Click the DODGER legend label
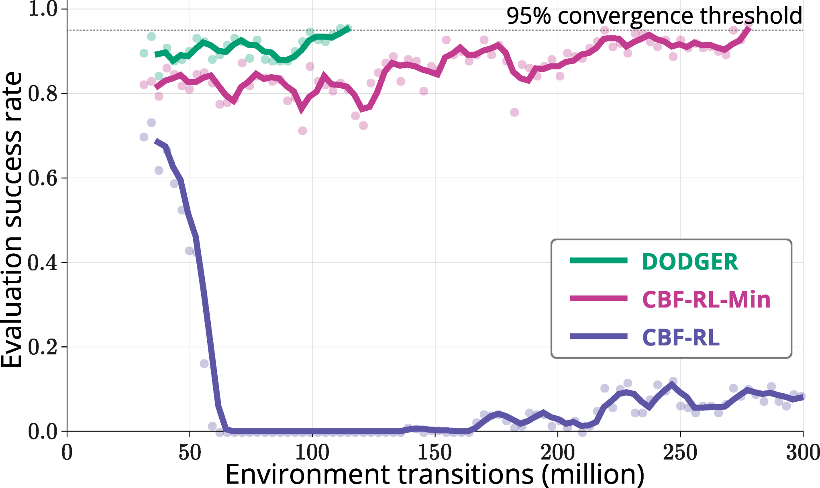click(690, 261)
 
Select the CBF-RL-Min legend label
click(706, 299)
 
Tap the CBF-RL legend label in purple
click(681, 337)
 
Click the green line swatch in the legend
click(598, 261)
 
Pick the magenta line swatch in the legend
click(598, 298)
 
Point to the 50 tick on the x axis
click(190, 453)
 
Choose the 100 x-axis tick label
click(312, 453)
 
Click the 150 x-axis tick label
click(435, 453)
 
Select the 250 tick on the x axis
click(680, 453)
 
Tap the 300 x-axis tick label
click(803, 453)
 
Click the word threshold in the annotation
click(751, 16)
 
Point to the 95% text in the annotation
click(528, 16)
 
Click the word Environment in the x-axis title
click(307, 474)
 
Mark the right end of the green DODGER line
click(350, 28)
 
